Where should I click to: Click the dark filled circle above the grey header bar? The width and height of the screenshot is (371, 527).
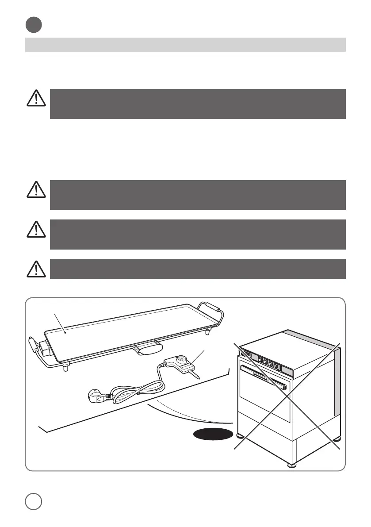click(34, 25)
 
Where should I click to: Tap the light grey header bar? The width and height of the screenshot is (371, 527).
click(185, 44)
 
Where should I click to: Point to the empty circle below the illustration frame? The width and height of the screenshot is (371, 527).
click(34, 501)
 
